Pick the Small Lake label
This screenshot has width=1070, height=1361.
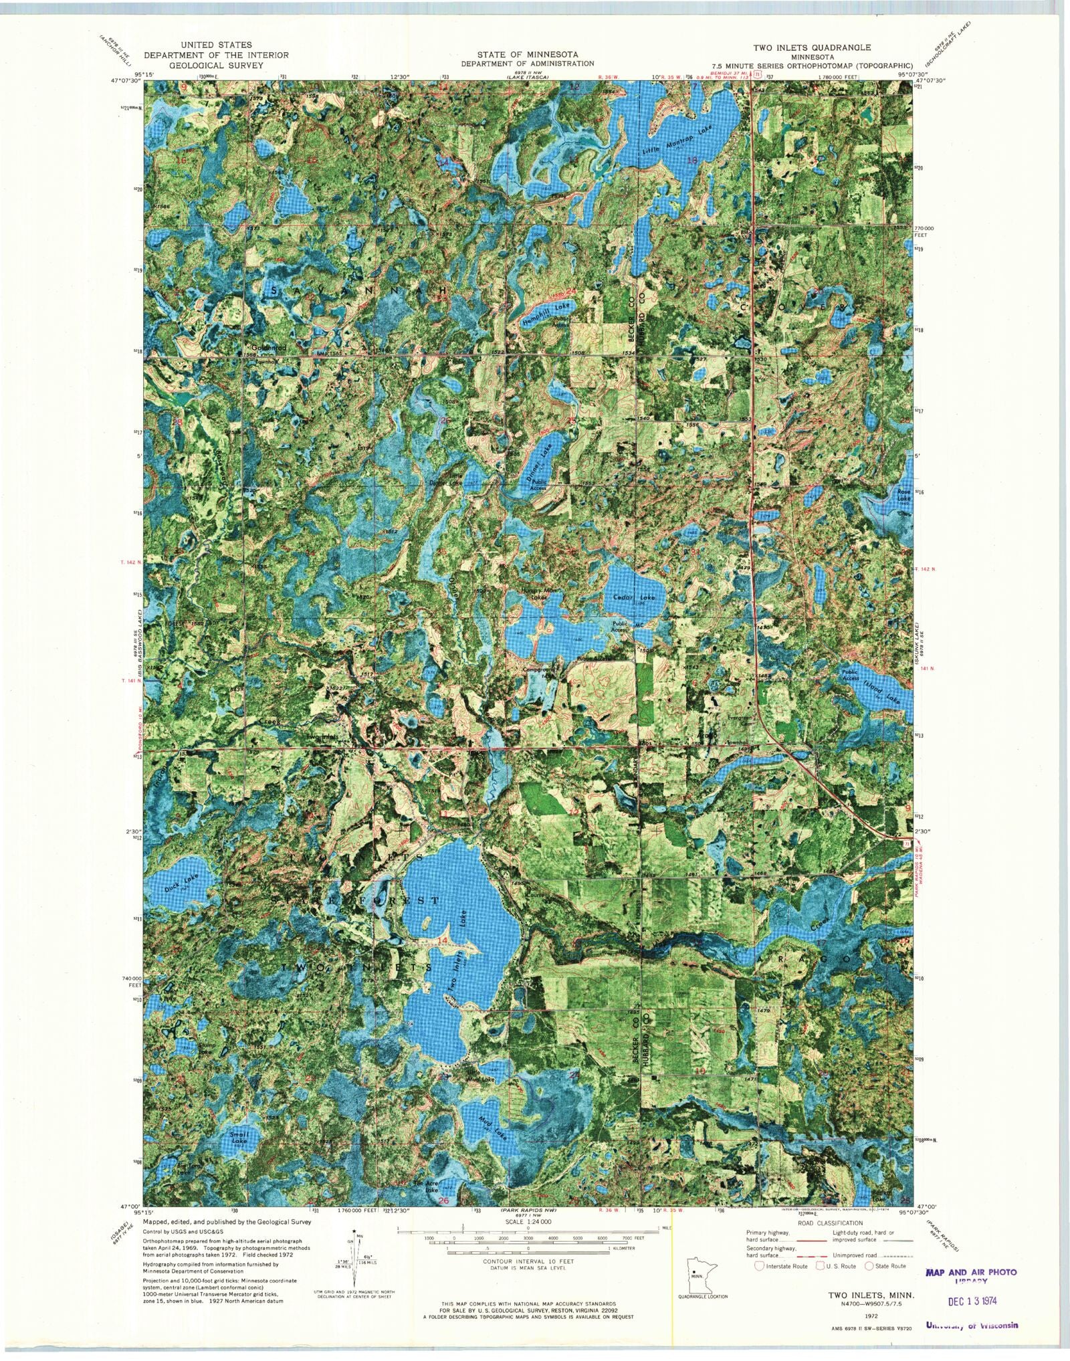pos(239,1138)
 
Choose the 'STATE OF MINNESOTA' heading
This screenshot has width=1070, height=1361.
pos(528,54)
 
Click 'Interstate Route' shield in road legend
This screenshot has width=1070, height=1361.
pos(759,1266)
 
